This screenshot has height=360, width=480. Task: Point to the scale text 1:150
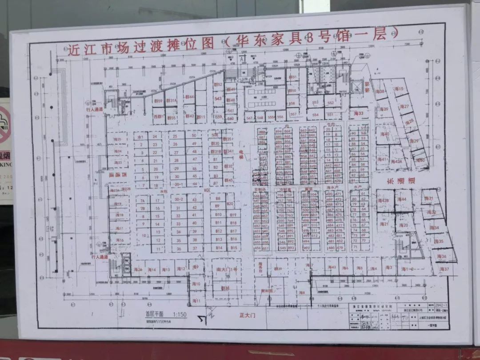point(180,314)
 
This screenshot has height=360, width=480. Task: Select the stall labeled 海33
point(359,114)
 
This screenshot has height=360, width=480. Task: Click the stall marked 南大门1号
point(226,269)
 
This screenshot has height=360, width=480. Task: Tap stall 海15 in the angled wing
point(400,89)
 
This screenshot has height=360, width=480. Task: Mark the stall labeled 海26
point(138,270)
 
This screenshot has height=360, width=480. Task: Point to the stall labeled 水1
point(140,137)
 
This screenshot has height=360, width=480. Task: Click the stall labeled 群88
point(225,288)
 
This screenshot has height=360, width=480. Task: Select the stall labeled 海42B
point(383,200)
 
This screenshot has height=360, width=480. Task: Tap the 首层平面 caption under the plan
point(155,314)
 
